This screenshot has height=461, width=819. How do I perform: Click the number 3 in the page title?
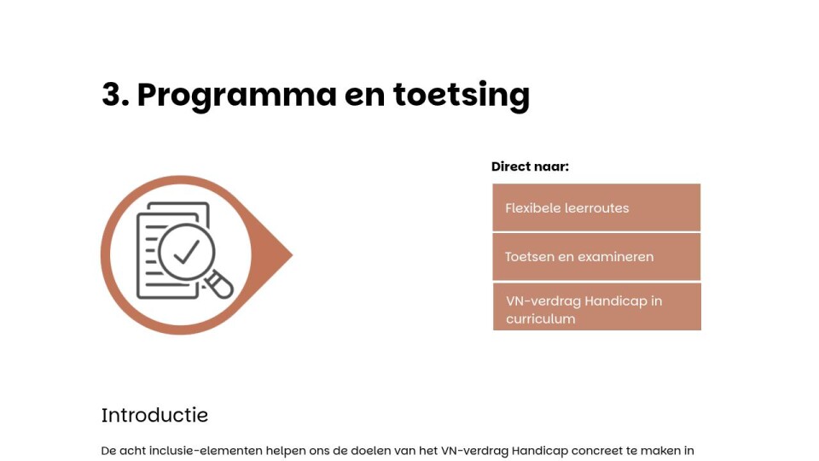[113, 95]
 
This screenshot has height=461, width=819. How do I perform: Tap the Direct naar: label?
[530, 166]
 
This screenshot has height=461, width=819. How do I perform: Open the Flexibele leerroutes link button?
[596, 207]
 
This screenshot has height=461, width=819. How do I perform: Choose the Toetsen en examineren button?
[596, 257]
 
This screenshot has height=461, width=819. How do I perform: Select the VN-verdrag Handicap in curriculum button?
[596, 306]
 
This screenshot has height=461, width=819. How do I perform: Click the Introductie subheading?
[154, 416]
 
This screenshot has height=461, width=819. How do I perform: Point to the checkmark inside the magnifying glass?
[187, 251]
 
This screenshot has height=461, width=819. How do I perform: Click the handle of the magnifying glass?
[219, 285]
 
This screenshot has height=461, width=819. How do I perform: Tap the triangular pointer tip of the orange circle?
[292, 255]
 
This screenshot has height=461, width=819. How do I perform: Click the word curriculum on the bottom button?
[541, 318]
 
